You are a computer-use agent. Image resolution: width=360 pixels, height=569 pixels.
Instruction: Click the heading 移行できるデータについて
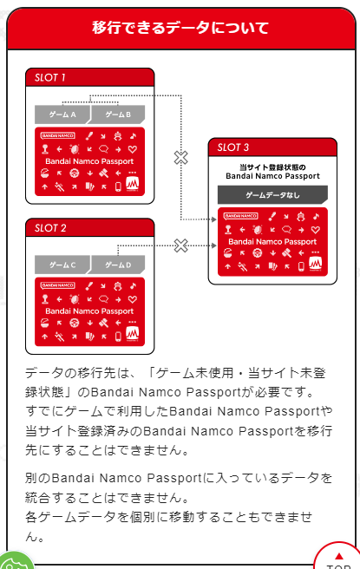click(x=180, y=26)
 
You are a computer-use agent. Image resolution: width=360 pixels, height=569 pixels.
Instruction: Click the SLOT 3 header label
click(x=235, y=147)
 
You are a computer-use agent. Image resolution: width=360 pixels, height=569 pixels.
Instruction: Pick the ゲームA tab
click(x=62, y=114)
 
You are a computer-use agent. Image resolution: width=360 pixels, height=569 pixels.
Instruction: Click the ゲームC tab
click(x=62, y=265)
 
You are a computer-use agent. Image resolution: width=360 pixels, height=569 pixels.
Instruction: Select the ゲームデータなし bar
click(x=272, y=195)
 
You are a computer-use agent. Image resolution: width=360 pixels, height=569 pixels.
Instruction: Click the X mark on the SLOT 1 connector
click(x=180, y=158)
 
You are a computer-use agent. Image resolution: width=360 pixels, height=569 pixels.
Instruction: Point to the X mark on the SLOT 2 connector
click(x=180, y=245)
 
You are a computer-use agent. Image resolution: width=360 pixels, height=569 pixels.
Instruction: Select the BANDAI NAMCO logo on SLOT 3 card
click(x=240, y=216)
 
